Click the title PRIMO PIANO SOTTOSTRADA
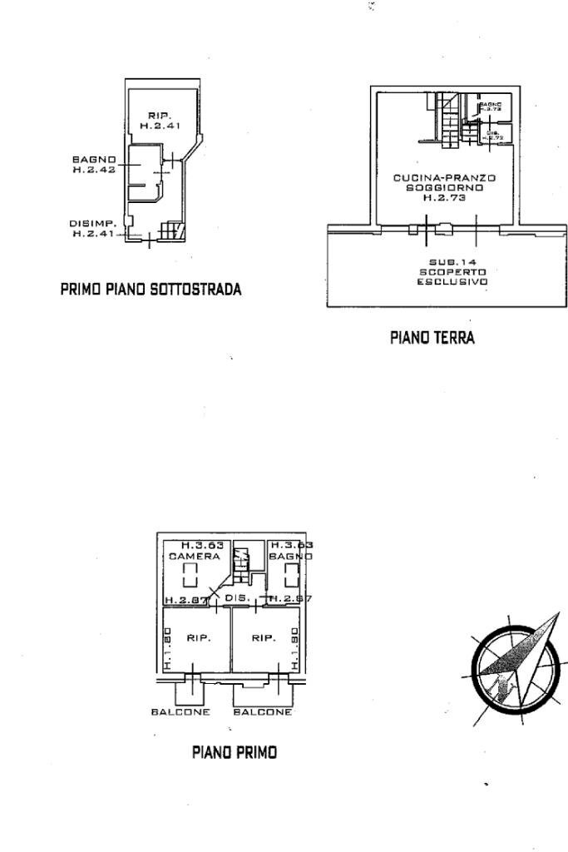click(151, 290)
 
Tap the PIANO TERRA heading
click(432, 338)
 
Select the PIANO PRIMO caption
click(235, 752)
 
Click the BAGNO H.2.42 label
click(94, 164)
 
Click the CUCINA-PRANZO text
click(445, 178)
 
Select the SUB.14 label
click(452, 262)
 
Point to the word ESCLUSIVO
click(452, 282)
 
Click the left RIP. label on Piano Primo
click(199, 638)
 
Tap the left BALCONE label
click(180, 712)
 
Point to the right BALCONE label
click(263, 712)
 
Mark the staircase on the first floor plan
click(241, 565)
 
